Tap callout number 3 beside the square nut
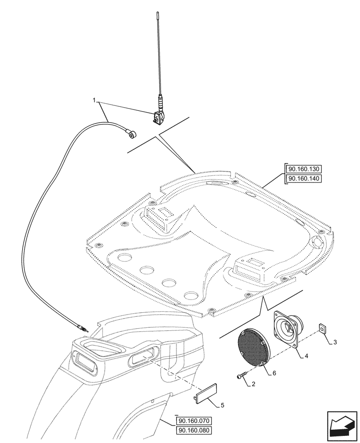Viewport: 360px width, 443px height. (335, 342)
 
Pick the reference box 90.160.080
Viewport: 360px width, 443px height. (195, 430)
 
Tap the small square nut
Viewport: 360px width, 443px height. (321, 328)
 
